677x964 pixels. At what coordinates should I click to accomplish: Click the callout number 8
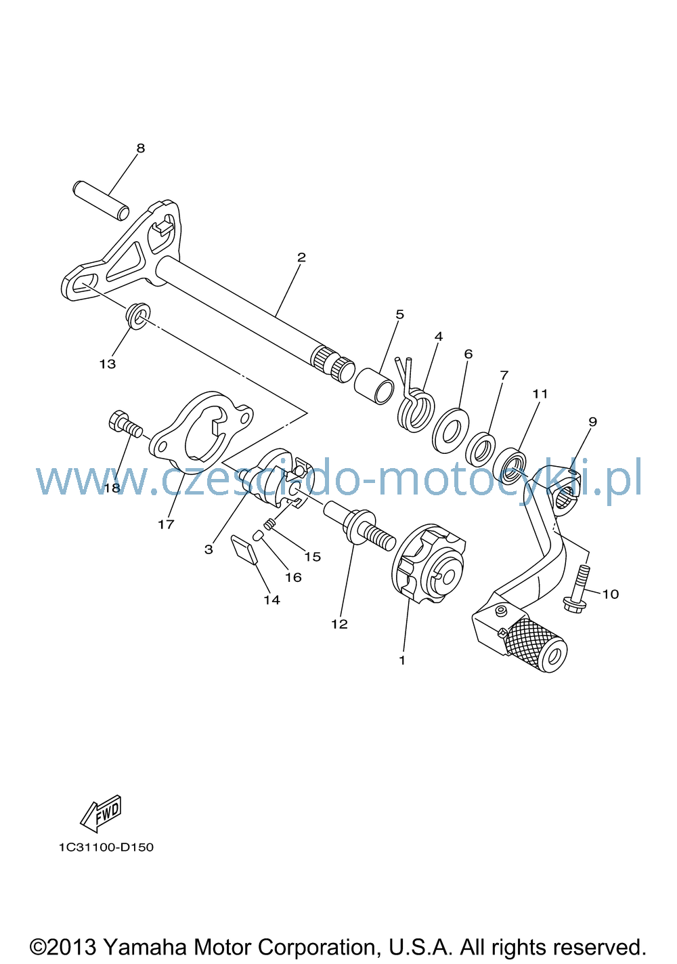click(141, 148)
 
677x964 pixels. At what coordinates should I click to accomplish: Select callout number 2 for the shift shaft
click(301, 257)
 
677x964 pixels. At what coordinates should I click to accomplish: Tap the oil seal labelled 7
click(480, 449)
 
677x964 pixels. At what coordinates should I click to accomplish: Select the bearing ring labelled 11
click(510, 465)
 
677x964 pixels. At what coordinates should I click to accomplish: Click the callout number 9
click(592, 421)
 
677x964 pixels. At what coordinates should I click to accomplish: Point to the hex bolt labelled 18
click(125, 423)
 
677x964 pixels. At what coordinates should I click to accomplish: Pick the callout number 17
click(166, 524)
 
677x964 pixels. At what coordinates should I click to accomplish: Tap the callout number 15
click(313, 556)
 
